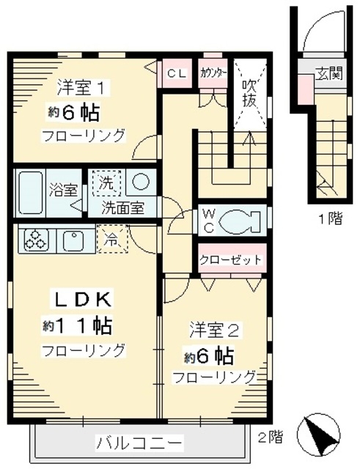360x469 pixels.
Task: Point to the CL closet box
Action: tap(176, 73)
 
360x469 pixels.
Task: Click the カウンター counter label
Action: tap(213, 73)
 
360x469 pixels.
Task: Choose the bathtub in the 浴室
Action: tap(29, 191)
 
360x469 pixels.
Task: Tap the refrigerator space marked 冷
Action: tap(110, 238)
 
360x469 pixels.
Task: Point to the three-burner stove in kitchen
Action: tap(37, 238)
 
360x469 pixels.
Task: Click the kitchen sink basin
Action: tap(73, 238)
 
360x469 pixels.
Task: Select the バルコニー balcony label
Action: tap(139, 443)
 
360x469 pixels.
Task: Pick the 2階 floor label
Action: tap(269, 437)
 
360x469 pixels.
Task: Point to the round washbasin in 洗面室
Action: tap(142, 182)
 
